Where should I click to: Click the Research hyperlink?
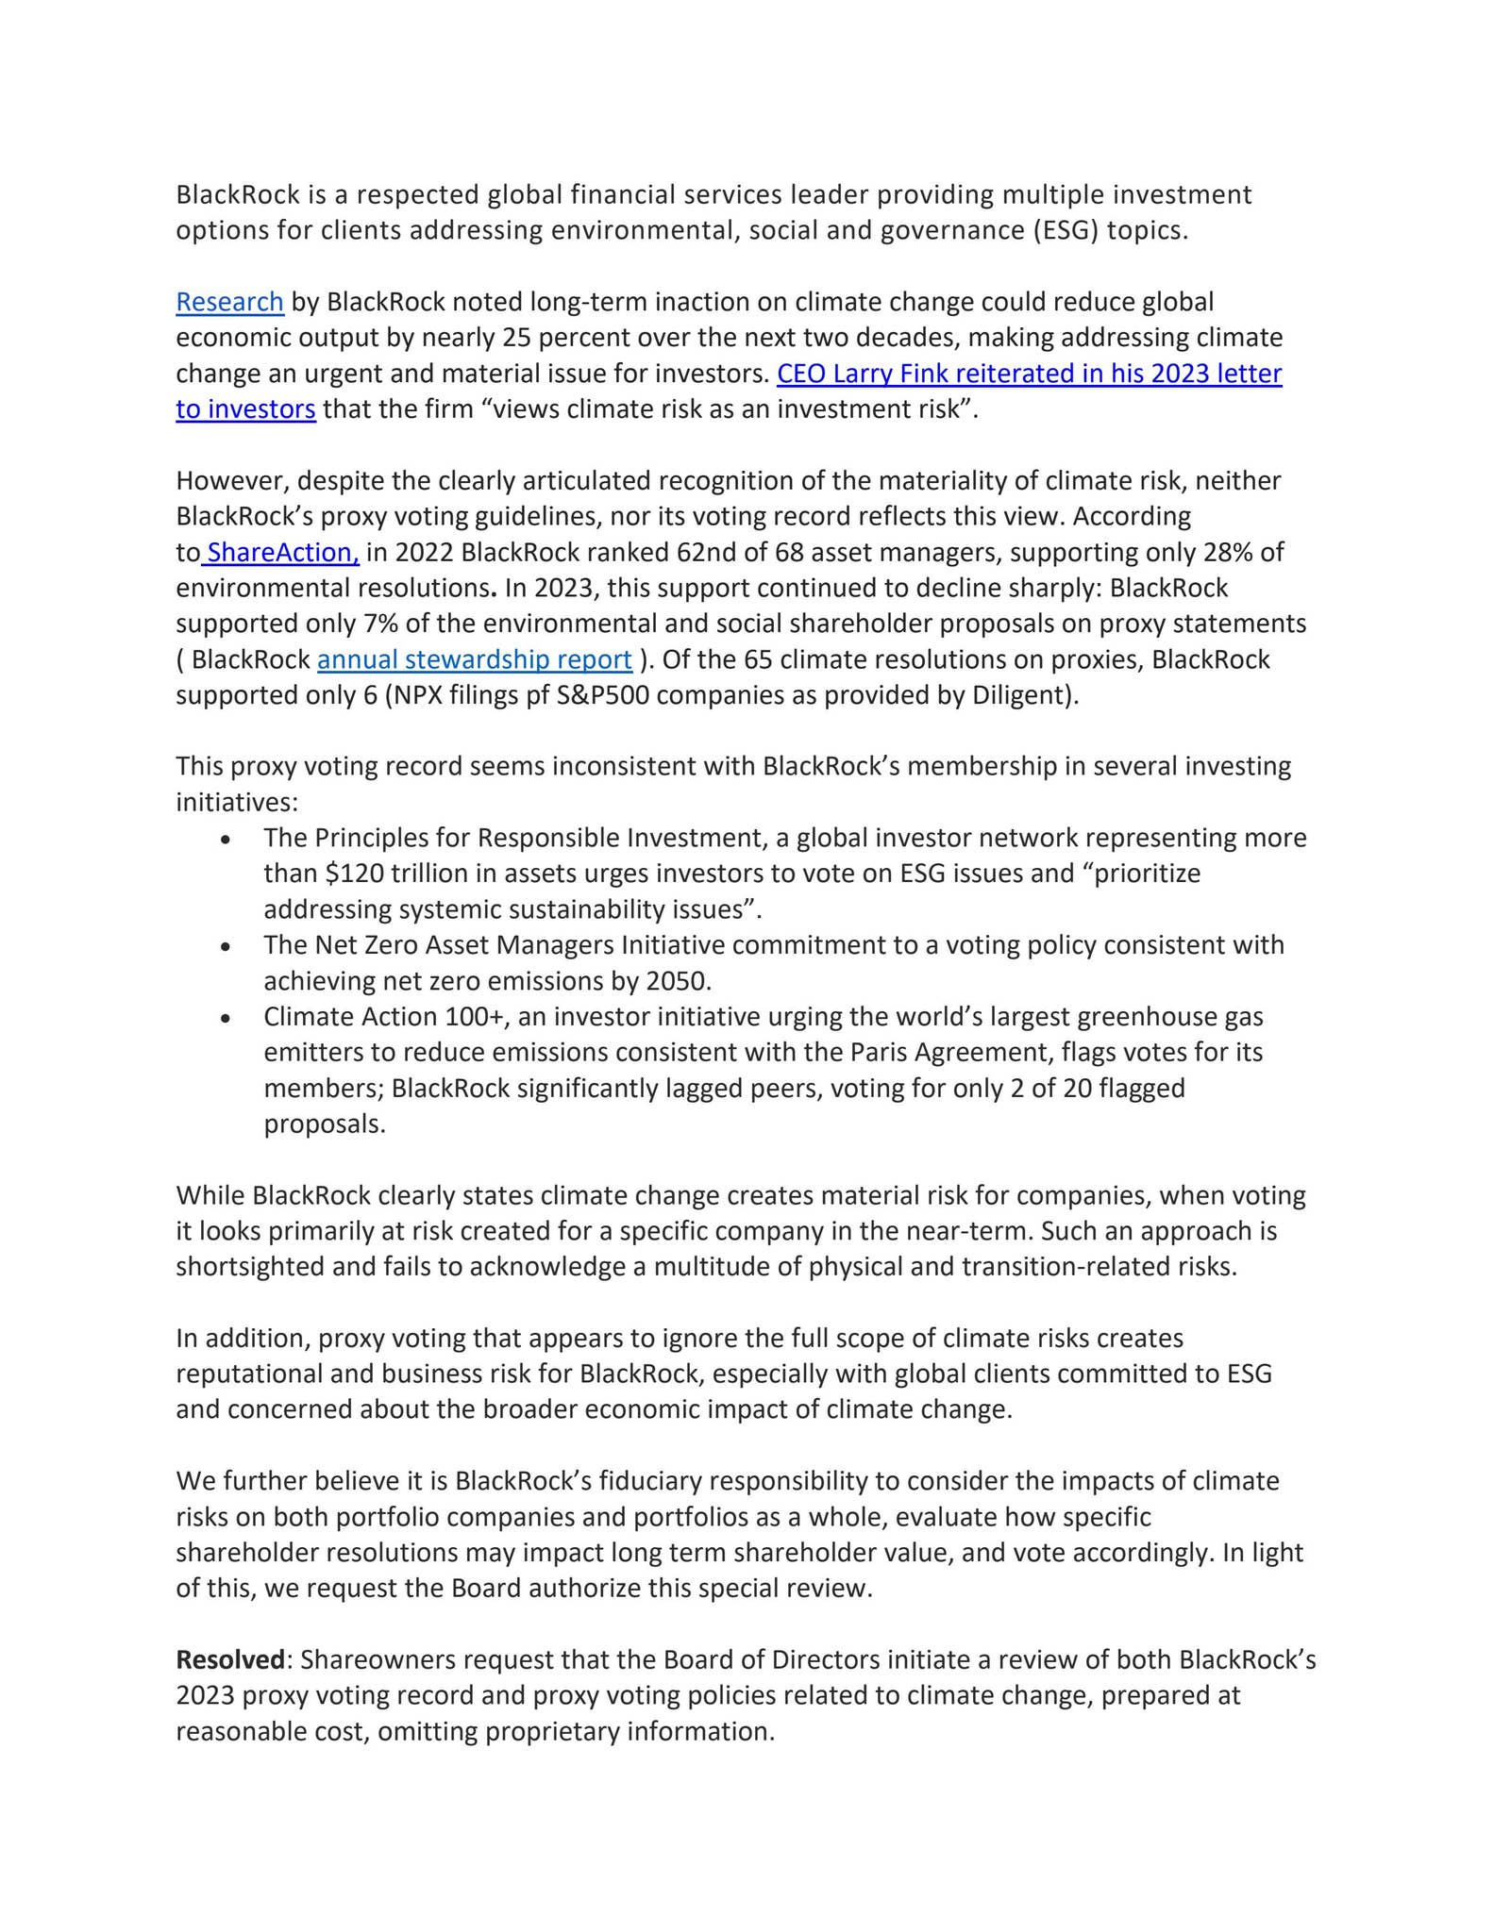(x=229, y=302)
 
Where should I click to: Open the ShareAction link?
(x=282, y=552)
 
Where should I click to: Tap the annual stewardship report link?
(x=474, y=659)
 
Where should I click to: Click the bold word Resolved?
(x=230, y=1659)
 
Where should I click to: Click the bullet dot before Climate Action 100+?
(x=225, y=1019)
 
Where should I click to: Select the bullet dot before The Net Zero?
(x=225, y=947)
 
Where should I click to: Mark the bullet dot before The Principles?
(x=225, y=840)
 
